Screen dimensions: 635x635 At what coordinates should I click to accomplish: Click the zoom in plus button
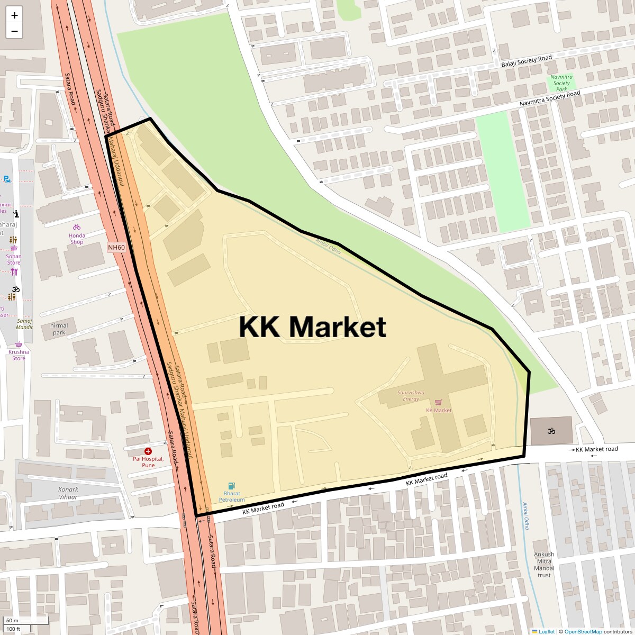click(14, 15)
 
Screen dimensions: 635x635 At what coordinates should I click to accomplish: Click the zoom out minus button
click(14, 31)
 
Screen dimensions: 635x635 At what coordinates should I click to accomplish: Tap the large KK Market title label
click(312, 326)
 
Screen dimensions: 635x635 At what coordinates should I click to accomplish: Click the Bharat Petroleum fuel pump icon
click(231, 486)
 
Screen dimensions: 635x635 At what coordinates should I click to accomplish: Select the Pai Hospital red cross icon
click(148, 451)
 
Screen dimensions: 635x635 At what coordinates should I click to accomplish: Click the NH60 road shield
click(116, 247)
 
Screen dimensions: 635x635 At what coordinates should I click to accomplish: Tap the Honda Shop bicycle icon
click(77, 228)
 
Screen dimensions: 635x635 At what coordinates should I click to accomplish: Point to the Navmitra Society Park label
click(561, 83)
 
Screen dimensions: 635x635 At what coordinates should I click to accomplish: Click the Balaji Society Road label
click(526, 61)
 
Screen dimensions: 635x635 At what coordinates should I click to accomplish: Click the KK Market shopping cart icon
click(438, 402)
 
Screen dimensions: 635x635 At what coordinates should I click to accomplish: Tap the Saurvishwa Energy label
click(411, 395)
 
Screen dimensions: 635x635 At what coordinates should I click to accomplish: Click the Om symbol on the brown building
click(550, 431)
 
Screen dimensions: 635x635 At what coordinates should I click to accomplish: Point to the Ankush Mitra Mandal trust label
click(544, 565)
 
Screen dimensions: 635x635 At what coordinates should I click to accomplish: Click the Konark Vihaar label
click(68, 493)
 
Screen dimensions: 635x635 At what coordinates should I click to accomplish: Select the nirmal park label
click(59, 329)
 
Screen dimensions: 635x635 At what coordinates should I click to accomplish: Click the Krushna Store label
click(19, 355)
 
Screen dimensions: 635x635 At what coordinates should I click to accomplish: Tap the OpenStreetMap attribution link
click(583, 631)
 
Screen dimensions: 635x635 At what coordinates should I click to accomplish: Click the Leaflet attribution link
click(546, 631)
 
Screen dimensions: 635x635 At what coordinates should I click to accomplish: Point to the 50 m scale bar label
click(13, 620)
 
